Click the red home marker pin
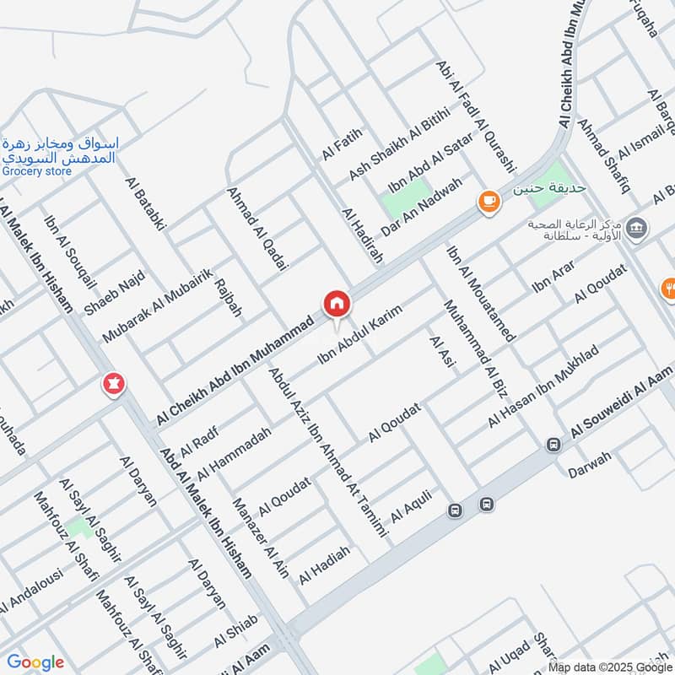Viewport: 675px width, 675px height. point(336,304)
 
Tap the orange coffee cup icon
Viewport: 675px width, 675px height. point(488,201)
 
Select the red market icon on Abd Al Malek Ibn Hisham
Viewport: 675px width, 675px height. point(112,384)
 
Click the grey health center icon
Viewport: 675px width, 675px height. point(637,228)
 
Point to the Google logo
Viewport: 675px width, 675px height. point(35,662)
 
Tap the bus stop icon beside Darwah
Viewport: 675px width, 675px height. point(553,445)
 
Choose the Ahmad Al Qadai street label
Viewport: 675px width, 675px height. point(257,229)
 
